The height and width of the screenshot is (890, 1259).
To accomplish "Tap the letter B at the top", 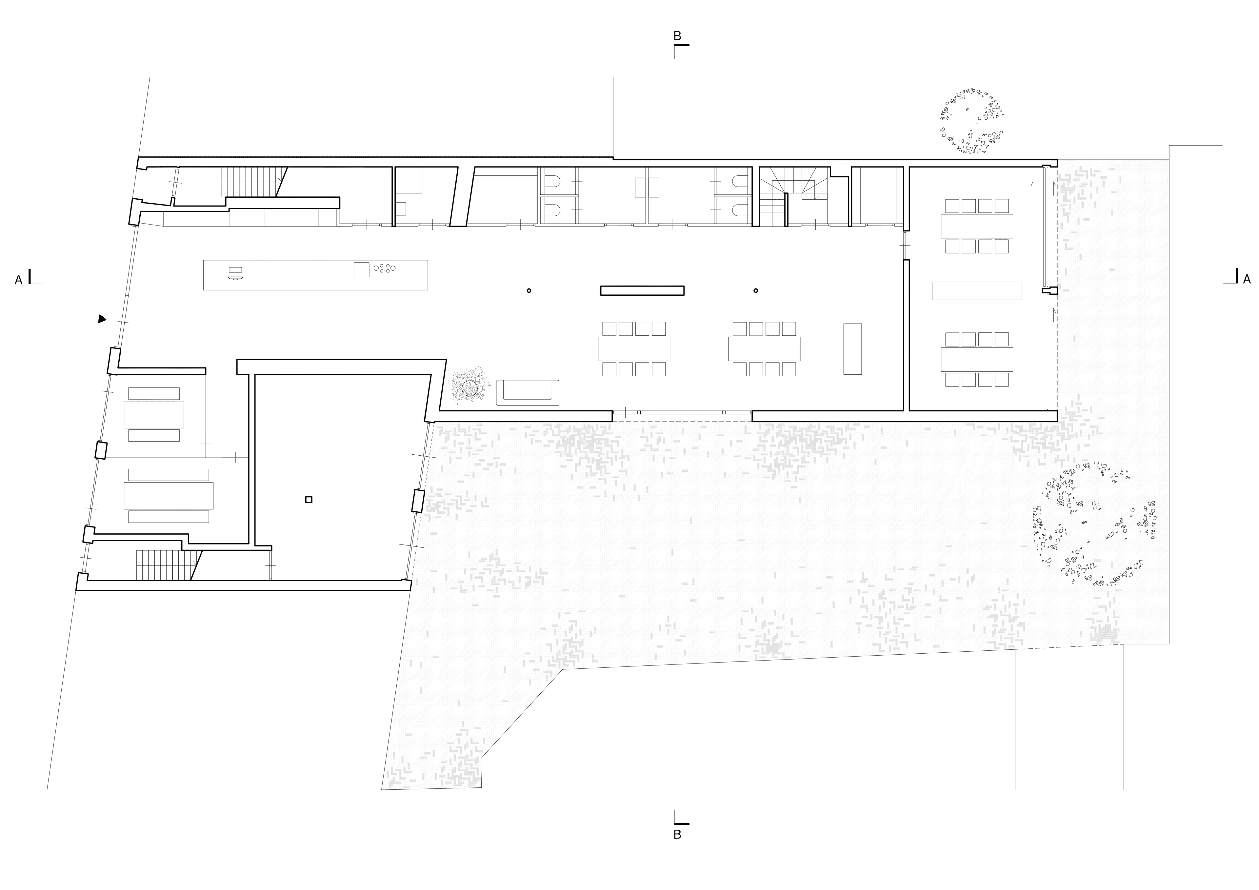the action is click(677, 36).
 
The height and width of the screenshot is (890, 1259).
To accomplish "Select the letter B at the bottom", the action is click(677, 835).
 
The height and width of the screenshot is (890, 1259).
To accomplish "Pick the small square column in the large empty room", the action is click(309, 500).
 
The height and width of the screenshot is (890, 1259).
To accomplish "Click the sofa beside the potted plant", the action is click(528, 393).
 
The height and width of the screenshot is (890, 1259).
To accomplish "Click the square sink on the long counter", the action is click(361, 270).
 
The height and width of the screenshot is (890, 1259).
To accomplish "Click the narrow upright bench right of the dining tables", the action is click(853, 349).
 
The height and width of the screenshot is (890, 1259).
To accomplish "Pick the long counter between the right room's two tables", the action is click(977, 291).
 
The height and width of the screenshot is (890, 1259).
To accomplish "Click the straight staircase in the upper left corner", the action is click(253, 182).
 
